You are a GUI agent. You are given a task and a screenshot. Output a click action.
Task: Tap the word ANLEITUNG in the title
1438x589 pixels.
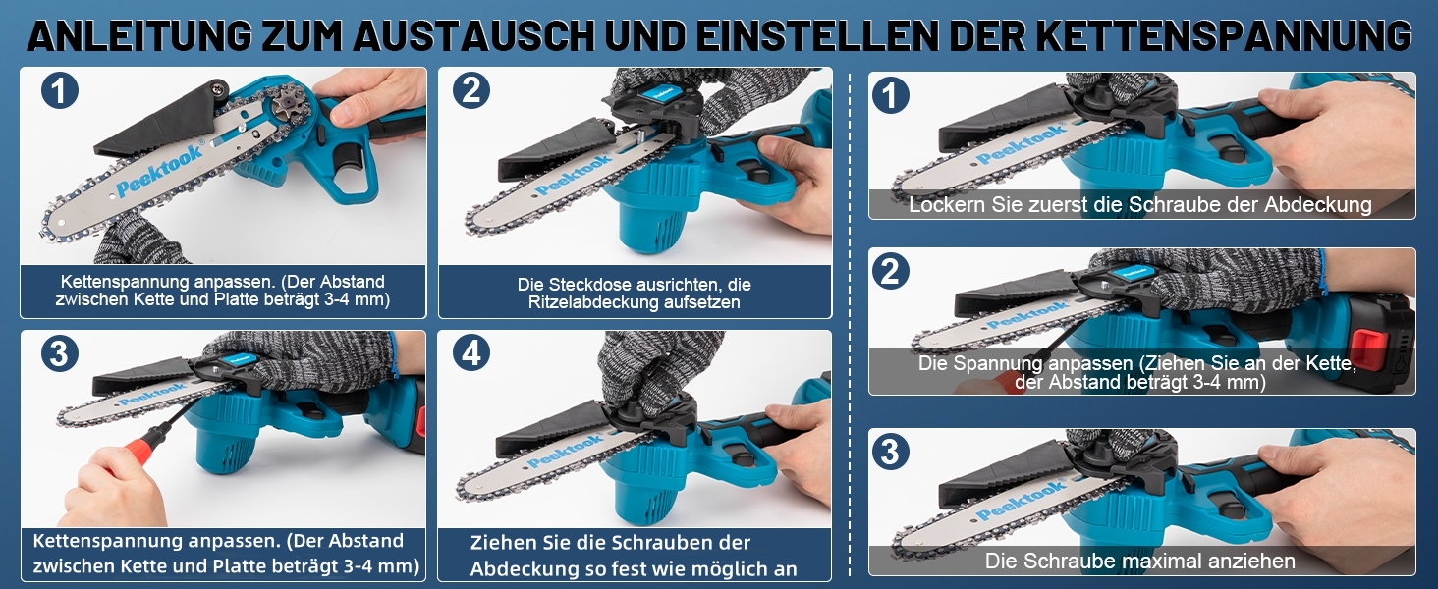[x=139, y=36]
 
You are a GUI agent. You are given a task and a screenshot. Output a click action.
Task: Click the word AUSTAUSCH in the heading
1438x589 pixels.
[x=474, y=36]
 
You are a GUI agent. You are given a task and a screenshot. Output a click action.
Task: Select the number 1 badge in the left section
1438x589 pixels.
[x=60, y=90]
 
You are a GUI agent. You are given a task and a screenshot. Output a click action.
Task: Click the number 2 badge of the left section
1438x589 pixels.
[x=470, y=90]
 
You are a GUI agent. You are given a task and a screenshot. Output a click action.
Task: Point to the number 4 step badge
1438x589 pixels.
[x=470, y=352]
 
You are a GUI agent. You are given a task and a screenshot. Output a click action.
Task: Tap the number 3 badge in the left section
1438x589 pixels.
[x=60, y=352]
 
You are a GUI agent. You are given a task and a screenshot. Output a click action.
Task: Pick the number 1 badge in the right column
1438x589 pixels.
[x=891, y=95]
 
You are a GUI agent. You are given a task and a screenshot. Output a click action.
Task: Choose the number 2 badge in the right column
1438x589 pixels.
[x=891, y=271]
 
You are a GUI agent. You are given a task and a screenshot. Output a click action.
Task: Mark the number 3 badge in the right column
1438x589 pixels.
[x=891, y=451]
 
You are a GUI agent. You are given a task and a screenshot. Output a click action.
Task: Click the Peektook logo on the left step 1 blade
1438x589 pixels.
[x=160, y=170]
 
